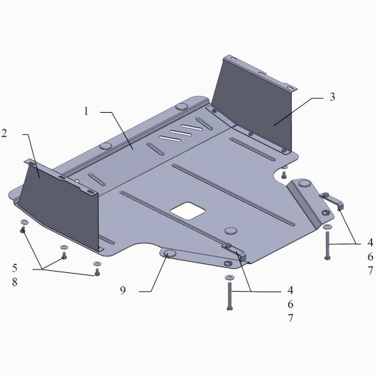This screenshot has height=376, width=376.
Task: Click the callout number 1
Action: (86, 111)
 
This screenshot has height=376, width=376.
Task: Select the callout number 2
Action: (4, 133)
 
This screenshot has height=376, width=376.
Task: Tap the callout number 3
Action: (332, 97)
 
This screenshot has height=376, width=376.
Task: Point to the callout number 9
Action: (123, 290)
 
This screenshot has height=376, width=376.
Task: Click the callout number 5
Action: (15, 268)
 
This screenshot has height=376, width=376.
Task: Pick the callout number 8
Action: (15, 282)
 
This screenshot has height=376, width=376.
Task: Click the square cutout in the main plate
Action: (188, 210)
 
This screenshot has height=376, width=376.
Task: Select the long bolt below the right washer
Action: (327, 246)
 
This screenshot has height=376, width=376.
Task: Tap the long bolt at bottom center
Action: (230, 297)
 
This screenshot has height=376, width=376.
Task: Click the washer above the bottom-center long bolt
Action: (229, 277)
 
